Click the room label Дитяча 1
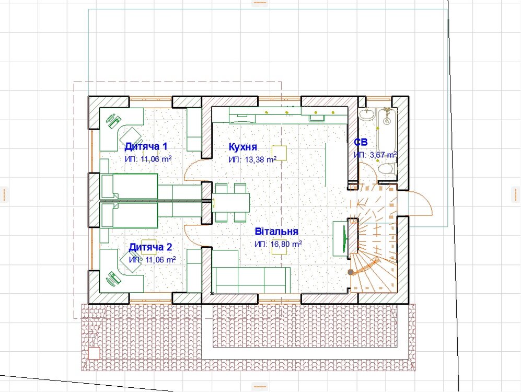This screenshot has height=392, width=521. point(146,146)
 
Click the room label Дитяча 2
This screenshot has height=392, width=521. point(150,247)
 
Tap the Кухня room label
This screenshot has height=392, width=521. point(243,147)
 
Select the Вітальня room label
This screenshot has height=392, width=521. point(276,231)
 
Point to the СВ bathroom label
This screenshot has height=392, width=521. point(361,142)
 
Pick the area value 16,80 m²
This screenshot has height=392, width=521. point(286,244)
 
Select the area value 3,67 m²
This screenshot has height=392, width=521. point(384,155)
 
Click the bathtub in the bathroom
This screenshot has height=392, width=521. point(387,132)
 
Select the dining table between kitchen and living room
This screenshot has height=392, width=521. point(231,203)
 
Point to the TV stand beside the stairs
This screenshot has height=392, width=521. point(341,238)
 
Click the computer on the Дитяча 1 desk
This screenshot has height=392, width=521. point(113,120)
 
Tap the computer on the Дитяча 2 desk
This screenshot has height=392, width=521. point(113,279)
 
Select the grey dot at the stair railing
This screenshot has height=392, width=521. point(351,272)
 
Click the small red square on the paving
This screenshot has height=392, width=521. point(95,353)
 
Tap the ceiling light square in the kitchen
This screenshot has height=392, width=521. point(279,153)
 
